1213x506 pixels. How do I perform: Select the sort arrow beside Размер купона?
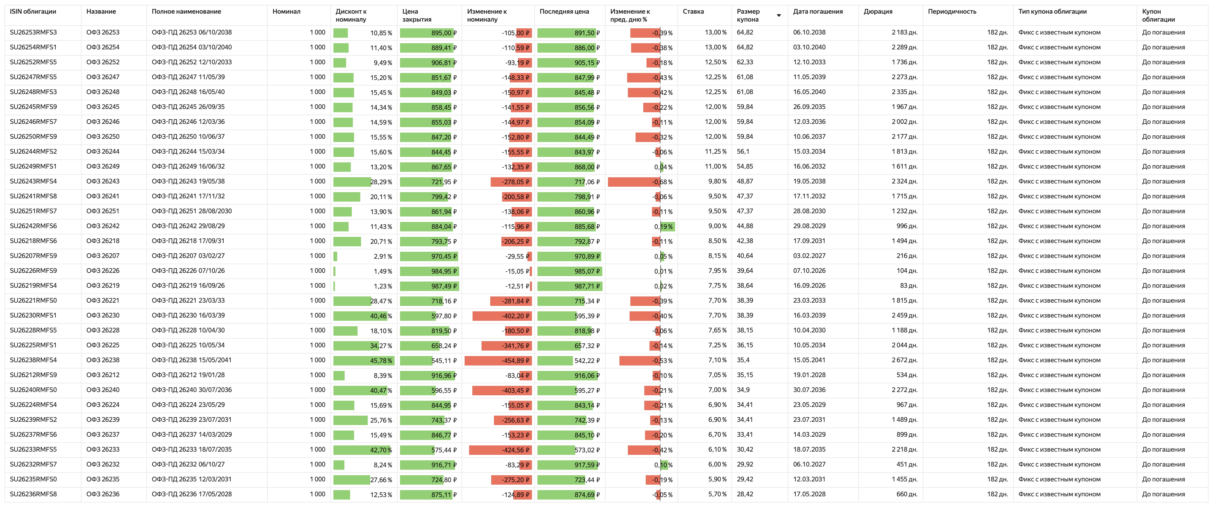pos(779,16)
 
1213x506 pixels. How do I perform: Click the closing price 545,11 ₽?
pos(444,361)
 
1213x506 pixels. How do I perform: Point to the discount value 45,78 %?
pos(381,361)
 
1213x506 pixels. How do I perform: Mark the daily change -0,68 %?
pos(662,182)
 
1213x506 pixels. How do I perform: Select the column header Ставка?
pos(693,11)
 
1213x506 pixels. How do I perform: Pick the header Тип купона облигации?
pos(1052,11)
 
